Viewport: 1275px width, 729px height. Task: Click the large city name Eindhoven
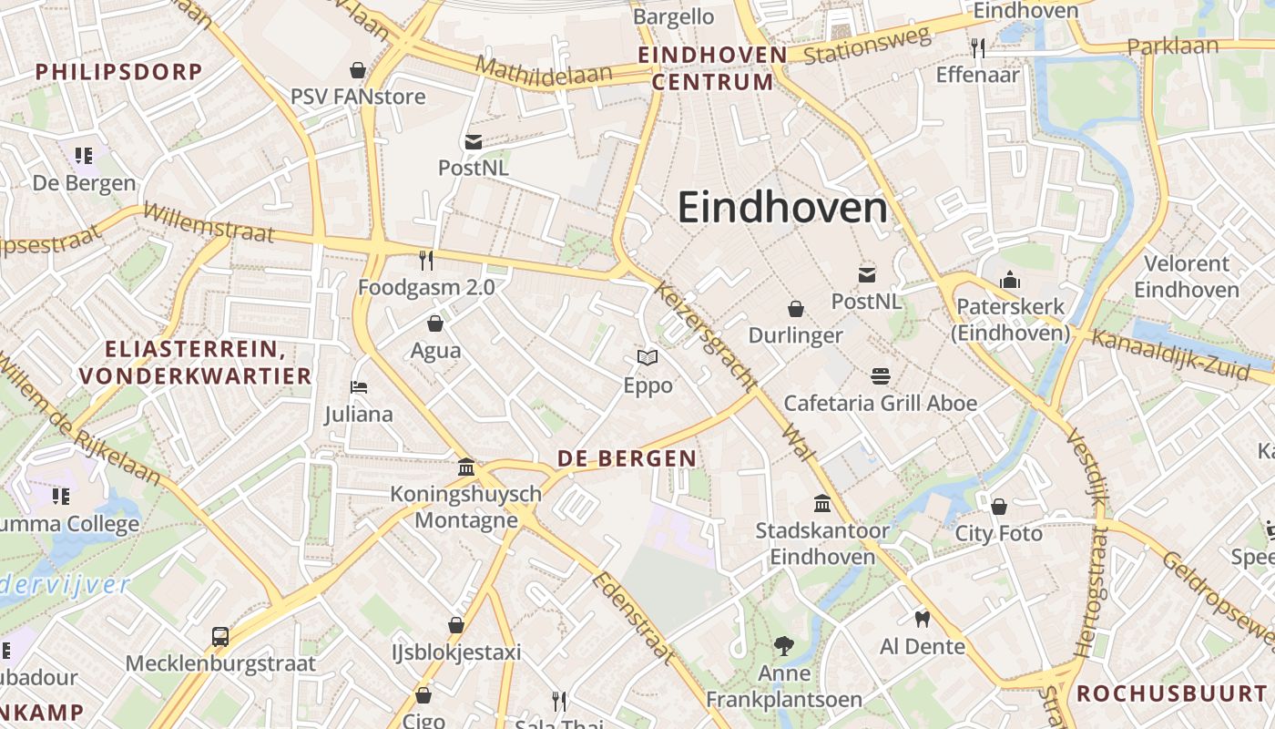782,209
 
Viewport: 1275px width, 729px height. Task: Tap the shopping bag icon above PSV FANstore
358,70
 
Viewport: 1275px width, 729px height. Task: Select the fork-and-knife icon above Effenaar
978,47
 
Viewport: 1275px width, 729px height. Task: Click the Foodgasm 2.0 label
426,288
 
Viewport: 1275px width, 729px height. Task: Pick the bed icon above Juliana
359,387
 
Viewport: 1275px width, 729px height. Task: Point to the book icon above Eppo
648,357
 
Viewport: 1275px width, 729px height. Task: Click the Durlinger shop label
795,335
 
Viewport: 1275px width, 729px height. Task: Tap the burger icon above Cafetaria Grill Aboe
880,375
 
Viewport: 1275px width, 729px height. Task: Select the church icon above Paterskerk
1010,280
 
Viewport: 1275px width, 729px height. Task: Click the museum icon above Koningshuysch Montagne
466,467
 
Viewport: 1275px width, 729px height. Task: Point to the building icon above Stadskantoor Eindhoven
822,503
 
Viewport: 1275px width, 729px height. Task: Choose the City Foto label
998,533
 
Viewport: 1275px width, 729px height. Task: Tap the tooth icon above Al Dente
922,619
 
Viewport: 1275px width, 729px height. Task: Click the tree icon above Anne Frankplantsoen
783,646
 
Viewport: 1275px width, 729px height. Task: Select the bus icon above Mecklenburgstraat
220,636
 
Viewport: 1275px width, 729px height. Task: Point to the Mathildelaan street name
544,71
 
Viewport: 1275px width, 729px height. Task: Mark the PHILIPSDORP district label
118,72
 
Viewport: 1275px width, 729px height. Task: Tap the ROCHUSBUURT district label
1173,693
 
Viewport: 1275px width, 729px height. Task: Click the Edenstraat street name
634,618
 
